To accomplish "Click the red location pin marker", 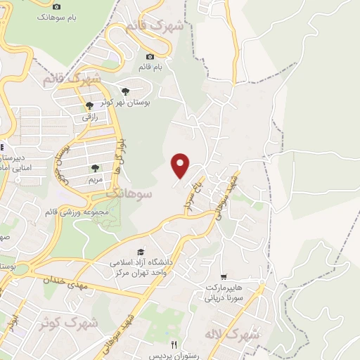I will click(x=181, y=165).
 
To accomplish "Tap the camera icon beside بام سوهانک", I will click(x=56, y=6).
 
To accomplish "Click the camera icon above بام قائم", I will click(x=150, y=57).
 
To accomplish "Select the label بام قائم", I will click(x=150, y=67).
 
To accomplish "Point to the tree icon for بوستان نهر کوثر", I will click(x=125, y=91).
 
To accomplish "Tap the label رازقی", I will click(x=90, y=117).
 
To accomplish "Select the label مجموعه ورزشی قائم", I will click(x=77, y=212).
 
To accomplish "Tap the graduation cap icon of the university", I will click(x=141, y=252).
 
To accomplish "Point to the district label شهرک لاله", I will click(x=231, y=334).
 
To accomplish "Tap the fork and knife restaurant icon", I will click(x=174, y=344).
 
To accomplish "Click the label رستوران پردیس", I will click(x=175, y=354).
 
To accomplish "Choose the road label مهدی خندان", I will click(x=67, y=281).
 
